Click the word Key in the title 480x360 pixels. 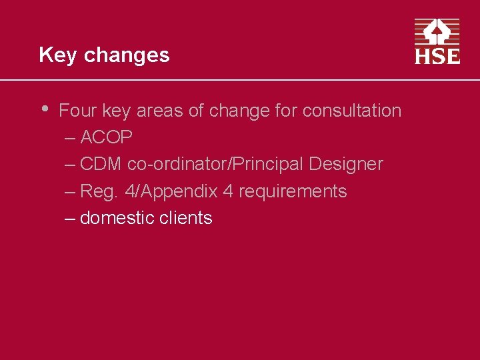(58, 55)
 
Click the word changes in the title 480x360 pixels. (127, 55)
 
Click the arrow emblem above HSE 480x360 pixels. (437, 31)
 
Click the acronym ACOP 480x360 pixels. (106, 138)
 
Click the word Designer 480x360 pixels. (346, 165)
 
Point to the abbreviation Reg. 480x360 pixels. (99, 192)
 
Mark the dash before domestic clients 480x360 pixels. (71, 218)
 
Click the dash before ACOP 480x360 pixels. (71, 138)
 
